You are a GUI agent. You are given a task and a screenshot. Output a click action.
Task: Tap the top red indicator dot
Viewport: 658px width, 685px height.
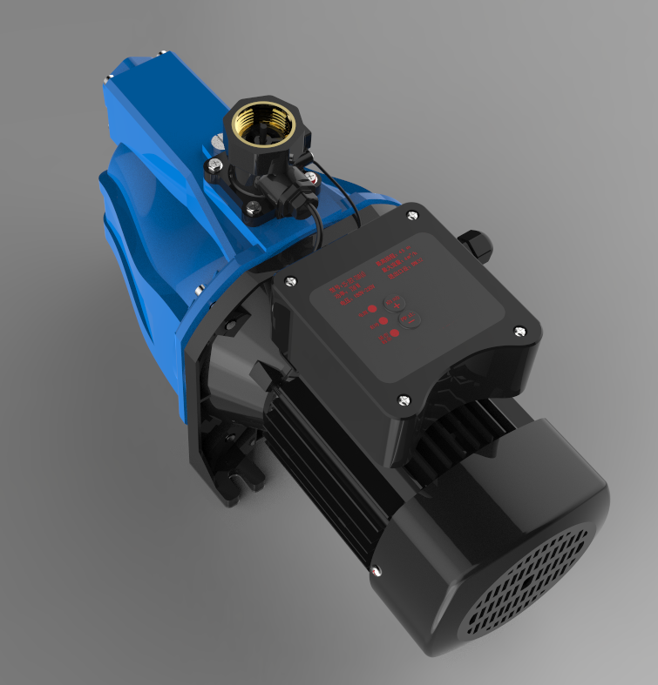[x=371, y=308]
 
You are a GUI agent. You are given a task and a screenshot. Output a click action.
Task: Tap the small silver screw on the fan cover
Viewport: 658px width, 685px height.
[x=375, y=571]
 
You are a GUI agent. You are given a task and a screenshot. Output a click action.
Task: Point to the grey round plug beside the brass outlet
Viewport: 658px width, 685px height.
[x=214, y=138]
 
